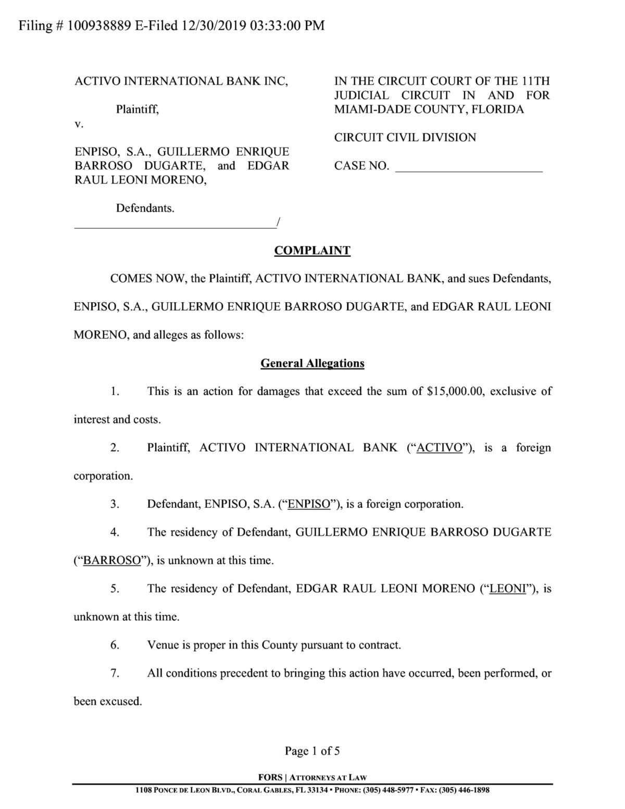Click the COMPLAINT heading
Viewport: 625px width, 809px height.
pos(312,251)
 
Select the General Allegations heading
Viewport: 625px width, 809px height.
pos(312,363)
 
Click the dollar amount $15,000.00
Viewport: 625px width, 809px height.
pos(455,391)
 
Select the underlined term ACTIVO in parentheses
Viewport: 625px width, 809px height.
pos(440,447)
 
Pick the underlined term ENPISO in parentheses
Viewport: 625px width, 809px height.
pos(309,504)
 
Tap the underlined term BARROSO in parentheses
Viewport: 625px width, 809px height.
pos(112,561)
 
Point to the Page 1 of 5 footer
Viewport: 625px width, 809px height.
pos(312,751)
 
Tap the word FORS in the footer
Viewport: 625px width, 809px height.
pos(270,778)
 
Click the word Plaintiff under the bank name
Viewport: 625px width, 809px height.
pos(137,109)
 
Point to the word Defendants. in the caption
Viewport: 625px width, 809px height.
pos(145,208)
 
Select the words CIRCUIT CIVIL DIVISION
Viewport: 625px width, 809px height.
pos(405,138)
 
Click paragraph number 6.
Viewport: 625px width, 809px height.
pos(115,645)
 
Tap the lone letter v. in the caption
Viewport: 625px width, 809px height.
pos(79,124)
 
